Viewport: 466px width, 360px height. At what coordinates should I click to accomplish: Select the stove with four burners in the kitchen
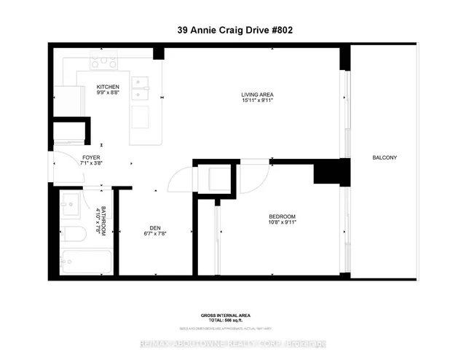click(105, 63)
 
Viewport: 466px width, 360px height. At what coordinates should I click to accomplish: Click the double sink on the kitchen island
click(141, 87)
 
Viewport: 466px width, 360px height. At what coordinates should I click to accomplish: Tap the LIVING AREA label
click(257, 95)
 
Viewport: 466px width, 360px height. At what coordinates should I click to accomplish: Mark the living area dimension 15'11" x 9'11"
click(257, 101)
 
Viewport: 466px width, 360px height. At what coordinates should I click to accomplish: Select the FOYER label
click(90, 157)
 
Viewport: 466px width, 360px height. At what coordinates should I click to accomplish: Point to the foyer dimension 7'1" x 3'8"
click(90, 163)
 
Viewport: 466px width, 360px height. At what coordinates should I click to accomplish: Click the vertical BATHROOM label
click(103, 220)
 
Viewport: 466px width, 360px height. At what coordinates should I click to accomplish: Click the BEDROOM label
click(283, 216)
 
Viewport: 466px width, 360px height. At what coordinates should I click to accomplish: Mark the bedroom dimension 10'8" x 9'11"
click(283, 223)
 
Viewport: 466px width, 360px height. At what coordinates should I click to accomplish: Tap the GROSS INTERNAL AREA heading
click(226, 315)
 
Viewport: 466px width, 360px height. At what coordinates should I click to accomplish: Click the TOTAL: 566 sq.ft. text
click(226, 321)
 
